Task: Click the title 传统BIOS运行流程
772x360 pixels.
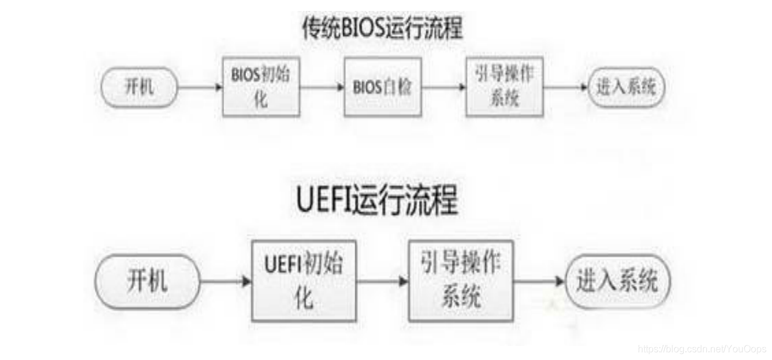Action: tap(381, 29)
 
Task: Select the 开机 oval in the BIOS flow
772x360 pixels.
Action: tap(138, 87)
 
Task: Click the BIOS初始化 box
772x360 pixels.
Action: tap(261, 87)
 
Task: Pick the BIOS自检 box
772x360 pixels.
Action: tap(383, 87)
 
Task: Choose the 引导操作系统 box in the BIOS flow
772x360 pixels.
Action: tap(504, 87)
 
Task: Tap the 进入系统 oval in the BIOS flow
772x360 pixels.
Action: tap(626, 87)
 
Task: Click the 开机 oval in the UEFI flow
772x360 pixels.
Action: tap(147, 282)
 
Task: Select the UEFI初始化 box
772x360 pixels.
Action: tap(304, 280)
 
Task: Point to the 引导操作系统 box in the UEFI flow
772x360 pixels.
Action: tap(461, 280)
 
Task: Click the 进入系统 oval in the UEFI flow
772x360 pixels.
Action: tap(617, 282)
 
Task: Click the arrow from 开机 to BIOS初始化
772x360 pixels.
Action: tap(200, 87)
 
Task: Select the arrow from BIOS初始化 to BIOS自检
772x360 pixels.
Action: tap(322, 87)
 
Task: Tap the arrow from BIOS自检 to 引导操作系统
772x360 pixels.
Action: tap(443, 87)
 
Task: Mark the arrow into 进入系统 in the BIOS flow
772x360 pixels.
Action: tap(565, 87)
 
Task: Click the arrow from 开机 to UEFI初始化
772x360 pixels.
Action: tap(225, 282)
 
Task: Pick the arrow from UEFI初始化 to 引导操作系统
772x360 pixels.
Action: tap(383, 282)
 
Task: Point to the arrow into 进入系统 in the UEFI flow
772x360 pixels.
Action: tap(539, 282)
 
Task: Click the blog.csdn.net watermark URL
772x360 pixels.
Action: tap(702, 349)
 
